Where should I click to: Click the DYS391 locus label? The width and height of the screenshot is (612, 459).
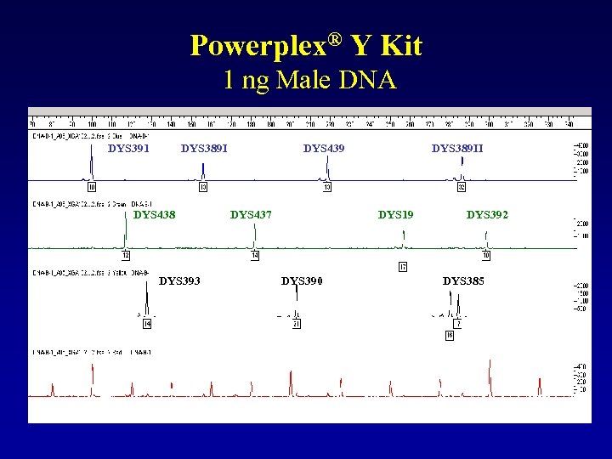pos(128,149)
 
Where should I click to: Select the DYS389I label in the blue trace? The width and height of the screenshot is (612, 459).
pos(204,149)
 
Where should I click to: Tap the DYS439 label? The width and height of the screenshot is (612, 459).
pos(324,149)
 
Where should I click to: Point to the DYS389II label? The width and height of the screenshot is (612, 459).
pos(457,149)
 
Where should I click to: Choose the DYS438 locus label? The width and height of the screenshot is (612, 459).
pos(155,215)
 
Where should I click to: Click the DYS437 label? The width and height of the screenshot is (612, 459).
pos(251,215)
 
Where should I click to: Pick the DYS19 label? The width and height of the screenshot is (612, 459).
pos(395,215)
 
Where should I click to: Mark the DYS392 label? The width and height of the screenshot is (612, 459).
pos(487,215)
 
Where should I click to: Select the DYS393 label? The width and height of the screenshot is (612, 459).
pos(179,281)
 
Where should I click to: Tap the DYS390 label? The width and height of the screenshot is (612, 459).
pos(302,281)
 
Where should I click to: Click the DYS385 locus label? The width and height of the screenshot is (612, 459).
pos(463,281)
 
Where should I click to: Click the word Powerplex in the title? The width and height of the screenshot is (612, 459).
pos(255,45)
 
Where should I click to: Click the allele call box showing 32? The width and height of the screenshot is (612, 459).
pos(462,187)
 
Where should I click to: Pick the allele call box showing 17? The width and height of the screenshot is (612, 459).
pos(403,267)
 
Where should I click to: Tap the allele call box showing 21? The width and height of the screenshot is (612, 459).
pos(297,324)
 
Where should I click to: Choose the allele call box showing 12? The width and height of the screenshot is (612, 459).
pos(126,255)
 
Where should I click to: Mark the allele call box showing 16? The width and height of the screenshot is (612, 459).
pos(450,336)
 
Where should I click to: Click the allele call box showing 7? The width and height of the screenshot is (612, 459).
pos(458,324)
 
